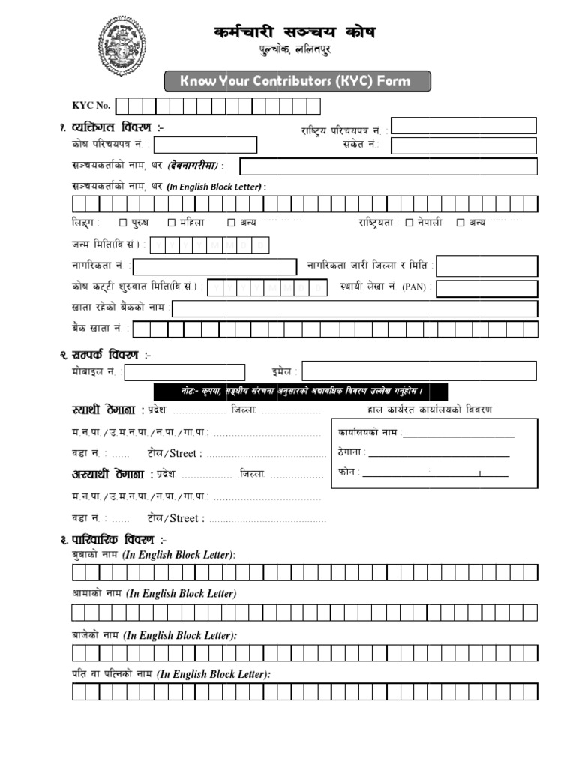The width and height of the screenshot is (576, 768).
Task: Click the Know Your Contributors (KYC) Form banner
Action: pos(298,81)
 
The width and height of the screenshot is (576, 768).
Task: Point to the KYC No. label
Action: pos(91,106)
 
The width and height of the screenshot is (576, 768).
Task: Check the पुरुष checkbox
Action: pos(123,223)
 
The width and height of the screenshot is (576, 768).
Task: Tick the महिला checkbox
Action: pos(172,223)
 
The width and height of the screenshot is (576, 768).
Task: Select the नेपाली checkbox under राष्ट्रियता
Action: pos(409,223)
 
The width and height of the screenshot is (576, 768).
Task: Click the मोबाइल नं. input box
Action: pos(185,372)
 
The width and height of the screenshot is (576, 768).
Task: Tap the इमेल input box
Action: pos(419,371)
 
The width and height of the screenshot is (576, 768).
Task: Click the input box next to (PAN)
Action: pos(487,289)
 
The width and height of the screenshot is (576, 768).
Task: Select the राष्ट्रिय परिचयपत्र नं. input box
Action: pos(464,126)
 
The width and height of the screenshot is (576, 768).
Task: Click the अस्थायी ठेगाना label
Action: pos(112,474)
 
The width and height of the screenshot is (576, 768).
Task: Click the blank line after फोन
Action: pos(435,473)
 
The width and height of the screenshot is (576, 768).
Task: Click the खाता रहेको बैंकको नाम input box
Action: pos(355,308)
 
